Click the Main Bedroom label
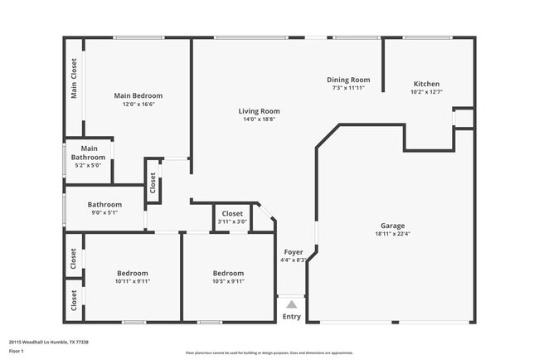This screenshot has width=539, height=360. (x=138, y=95)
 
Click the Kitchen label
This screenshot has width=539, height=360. (x=426, y=84)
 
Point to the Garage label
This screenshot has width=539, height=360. (x=392, y=226)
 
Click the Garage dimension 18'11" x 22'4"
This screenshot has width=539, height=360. (x=392, y=234)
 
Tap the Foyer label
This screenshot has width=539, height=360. (x=294, y=251)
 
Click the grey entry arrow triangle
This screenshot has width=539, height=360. (x=291, y=304)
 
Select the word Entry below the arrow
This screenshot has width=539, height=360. (x=292, y=316)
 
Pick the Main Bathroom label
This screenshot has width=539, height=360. (x=89, y=153)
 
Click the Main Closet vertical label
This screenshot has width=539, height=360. (x=74, y=78)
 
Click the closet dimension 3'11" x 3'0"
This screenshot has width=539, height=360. (x=231, y=221)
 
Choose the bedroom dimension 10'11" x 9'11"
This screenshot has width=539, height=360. (x=133, y=281)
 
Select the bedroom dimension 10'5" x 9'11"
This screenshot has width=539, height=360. (x=228, y=281)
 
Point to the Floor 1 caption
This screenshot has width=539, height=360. (x=17, y=351)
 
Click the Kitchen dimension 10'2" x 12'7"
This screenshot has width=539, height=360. (x=426, y=92)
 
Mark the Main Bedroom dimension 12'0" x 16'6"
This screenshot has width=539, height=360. (x=138, y=104)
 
